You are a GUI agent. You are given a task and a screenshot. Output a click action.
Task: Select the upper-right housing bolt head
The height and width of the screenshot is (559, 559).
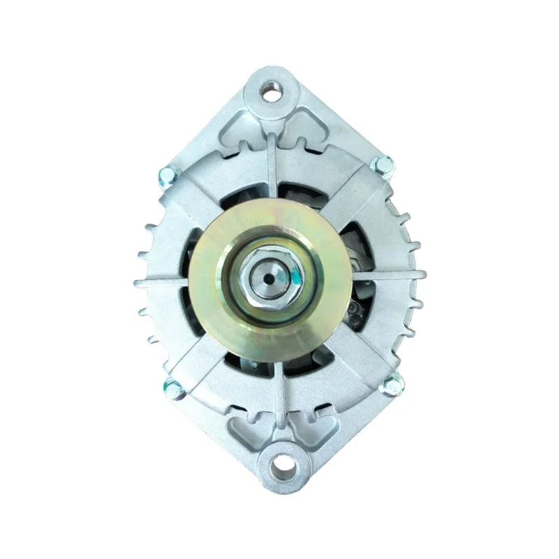(x=381, y=164)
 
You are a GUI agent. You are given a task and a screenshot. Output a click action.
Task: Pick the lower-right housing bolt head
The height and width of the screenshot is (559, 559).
(x=393, y=382)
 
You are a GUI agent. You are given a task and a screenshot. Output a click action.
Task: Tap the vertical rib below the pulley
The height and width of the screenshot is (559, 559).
(x=279, y=391)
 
